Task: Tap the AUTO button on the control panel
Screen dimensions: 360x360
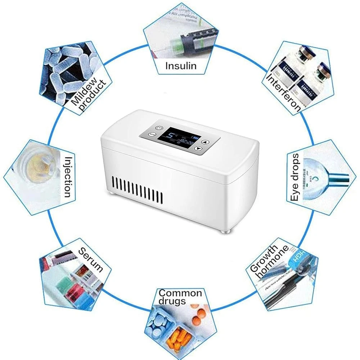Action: coord(152,134)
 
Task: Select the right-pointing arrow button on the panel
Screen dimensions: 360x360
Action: coord(198,149)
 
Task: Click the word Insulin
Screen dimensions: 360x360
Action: coord(181,66)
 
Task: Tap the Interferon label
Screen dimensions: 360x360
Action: coord(284,93)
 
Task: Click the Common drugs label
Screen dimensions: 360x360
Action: coord(180,297)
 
